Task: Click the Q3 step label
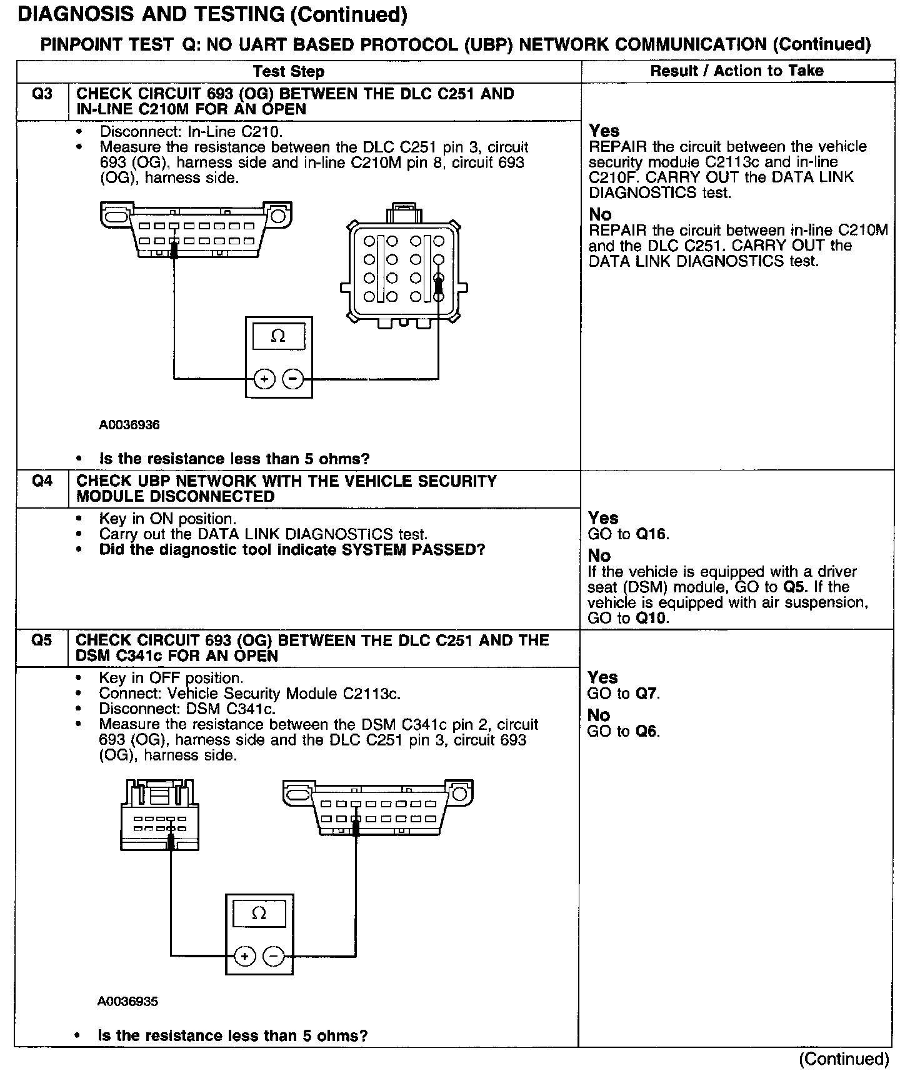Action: (42, 94)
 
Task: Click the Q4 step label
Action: (42, 482)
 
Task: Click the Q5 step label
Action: (42, 640)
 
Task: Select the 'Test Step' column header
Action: (289, 72)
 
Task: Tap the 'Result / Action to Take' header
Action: (737, 71)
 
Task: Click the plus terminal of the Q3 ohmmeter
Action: (264, 379)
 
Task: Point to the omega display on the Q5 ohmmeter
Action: (259, 914)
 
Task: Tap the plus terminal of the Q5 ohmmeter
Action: (244, 956)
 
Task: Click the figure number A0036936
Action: (129, 425)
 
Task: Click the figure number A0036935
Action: (128, 1002)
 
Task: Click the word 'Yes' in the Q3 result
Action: (604, 131)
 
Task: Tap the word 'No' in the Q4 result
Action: (599, 555)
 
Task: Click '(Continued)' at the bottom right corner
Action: (844, 1059)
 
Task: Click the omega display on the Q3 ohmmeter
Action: (279, 336)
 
